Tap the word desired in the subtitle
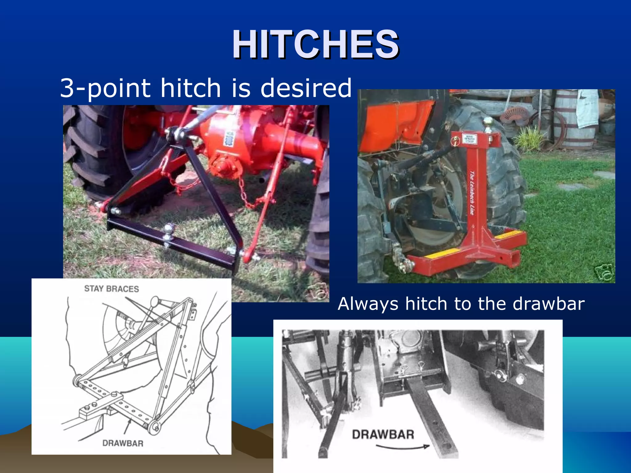pyautogui.click(x=306, y=88)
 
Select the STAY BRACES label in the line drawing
pyautogui.click(x=112, y=289)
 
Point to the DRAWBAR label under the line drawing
pyautogui.click(x=123, y=443)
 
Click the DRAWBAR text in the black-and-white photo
pyautogui.click(x=383, y=435)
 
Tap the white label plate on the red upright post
pyautogui.click(x=470, y=139)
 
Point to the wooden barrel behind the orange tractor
pyautogui.click(x=574, y=120)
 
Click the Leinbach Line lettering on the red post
pyautogui.click(x=472, y=192)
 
